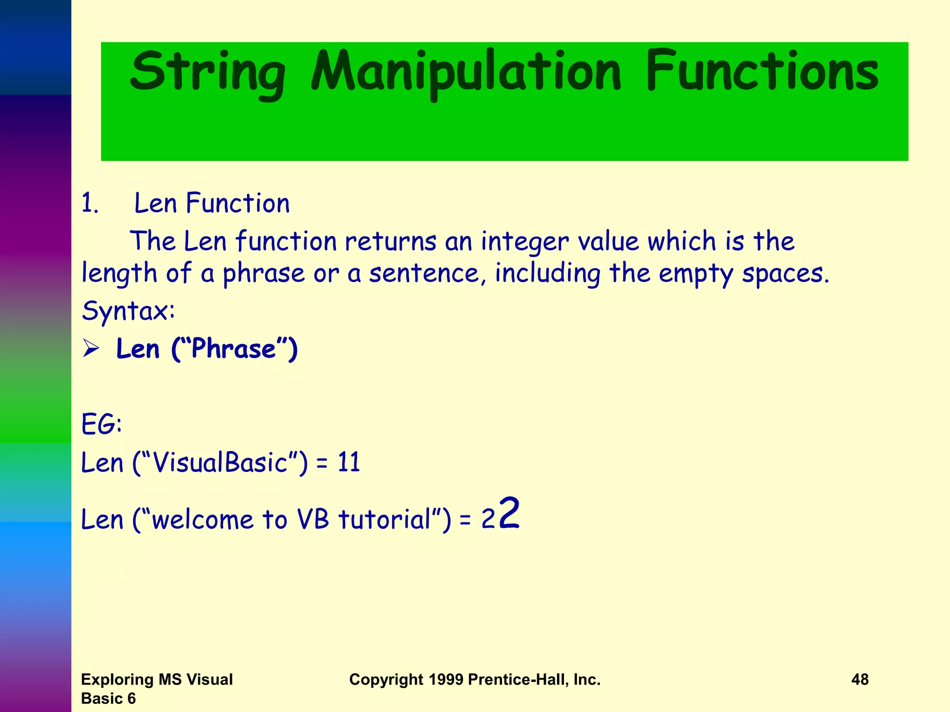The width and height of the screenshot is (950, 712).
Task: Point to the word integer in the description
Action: (x=524, y=242)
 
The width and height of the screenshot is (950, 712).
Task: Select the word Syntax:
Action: (x=128, y=311)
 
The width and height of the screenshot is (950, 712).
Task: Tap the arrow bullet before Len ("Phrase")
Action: (x=91, y=349)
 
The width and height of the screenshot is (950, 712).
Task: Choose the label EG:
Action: (x=102, y=424)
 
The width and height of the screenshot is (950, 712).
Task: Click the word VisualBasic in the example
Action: (x=220, y=463)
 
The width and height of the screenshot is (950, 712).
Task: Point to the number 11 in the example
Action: (x=348, y=463)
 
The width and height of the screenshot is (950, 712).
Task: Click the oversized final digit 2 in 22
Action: (x=509, y=514)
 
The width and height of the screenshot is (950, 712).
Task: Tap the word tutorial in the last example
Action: (x=385, y=519)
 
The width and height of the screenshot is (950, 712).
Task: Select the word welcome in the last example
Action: (x=203, y=519)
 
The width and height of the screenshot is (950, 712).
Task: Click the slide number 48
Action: (x=860, y=680)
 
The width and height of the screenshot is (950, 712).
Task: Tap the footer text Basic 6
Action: (x=108, y=699)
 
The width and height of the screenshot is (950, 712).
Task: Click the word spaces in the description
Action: (x=785, y=273)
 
